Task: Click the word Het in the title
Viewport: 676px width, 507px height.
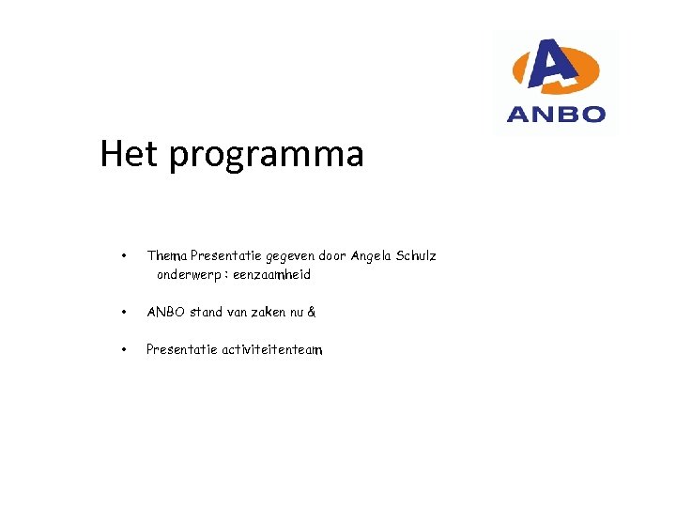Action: pyautogui.click(x=130, y=153)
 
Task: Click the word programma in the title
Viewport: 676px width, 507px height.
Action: pyautogui.click(x=267, y=156)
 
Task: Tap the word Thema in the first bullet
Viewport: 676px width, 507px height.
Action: pyautogui.click(x=167, y=255)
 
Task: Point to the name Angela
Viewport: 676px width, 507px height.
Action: pyautogui.click(x=374, y=256)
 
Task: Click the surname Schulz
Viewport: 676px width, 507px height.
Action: pyautogui.click(x=418, y=255)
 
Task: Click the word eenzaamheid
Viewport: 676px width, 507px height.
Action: pyautogui.click(x=272, y=275)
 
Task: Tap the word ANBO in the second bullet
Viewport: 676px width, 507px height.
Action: pyautogui.click(x=166, y=312)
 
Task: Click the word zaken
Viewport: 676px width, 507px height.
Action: pyautogui.click(x=269, y=312)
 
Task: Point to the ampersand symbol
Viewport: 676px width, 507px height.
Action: pyautogui.click(x=312, y=312)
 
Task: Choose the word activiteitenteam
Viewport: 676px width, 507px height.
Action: pyautogui.click(x=272, y=349)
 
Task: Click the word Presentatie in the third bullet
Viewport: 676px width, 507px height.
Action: pyautogui.click(x=181, y=349)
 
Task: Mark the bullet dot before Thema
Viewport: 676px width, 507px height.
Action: pyautogui.click(x=123, y=255)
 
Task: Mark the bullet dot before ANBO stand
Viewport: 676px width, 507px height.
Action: pyautogui.click(x=123, y=312)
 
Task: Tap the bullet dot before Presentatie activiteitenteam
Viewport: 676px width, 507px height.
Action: pyautogui.click(x=123, y=349)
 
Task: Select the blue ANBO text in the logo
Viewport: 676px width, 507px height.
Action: pyautogui.click(x=556, y=115)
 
